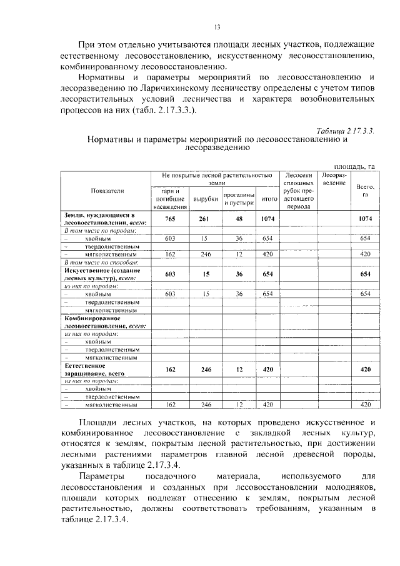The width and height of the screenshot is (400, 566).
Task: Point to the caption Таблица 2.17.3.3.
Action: pos(345,130)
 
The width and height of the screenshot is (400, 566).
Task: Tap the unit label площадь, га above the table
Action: pos(354,166)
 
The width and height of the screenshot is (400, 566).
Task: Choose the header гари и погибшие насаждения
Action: pos(170,198)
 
